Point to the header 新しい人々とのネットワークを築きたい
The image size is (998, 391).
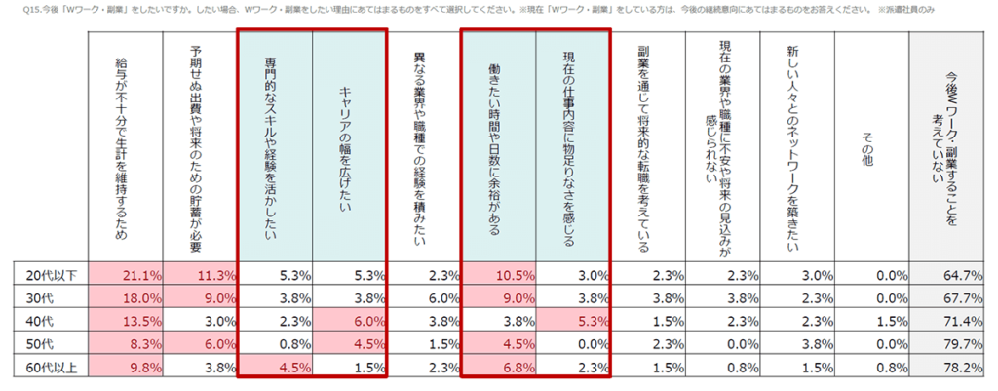click(x=793, y=146)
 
